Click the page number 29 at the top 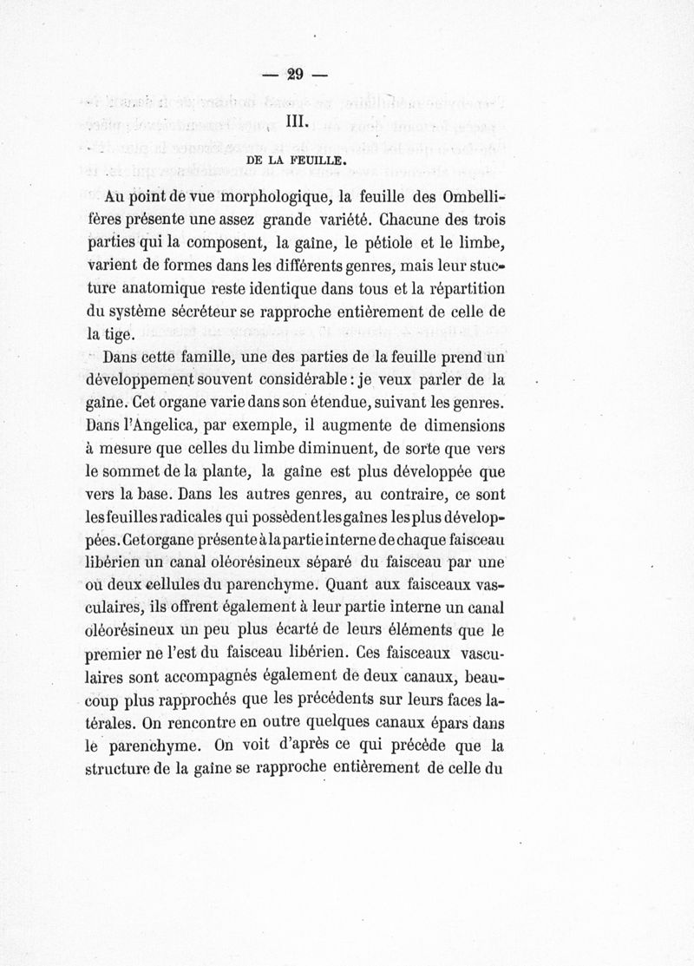pos(298,76)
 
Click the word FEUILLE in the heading pos(322,161)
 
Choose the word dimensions pos(455,426)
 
